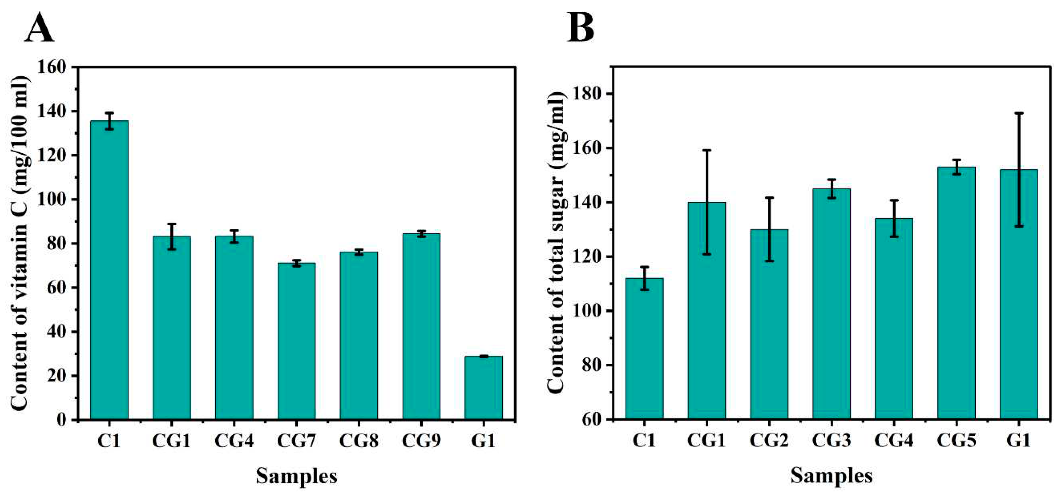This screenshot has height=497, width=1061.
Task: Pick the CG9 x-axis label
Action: (x=421, y=441)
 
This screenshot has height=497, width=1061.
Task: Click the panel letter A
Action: (x=39, y=28)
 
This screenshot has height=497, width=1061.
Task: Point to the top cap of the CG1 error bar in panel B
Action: (x=707, y=150)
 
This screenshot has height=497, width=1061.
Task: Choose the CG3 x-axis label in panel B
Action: (x=831, y=441)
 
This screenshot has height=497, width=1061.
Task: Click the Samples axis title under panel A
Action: (x=297, y=476)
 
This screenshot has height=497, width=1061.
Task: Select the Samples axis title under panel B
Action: (x=831, y=476)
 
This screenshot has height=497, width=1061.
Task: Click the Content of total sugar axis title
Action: (x=557, y=243)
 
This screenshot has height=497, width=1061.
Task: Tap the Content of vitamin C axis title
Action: (x=20, y=243)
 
